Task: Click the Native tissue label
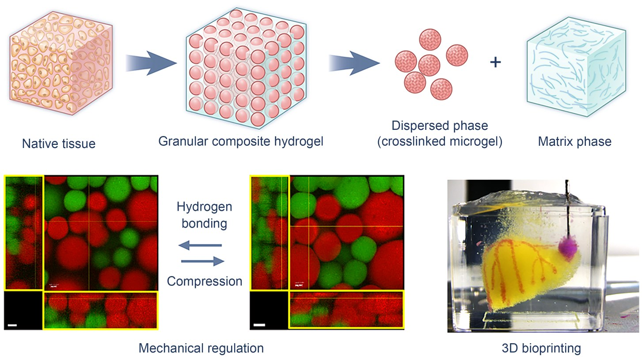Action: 59,144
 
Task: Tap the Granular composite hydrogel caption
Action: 241,141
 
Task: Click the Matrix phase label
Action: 574,141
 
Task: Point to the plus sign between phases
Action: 496,62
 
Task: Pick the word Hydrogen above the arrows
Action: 204,207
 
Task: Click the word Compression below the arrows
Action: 205,281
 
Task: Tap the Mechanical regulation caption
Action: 201,348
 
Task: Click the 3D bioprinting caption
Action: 541,348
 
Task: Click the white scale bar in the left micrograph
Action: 12,326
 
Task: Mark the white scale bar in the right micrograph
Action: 260,326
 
